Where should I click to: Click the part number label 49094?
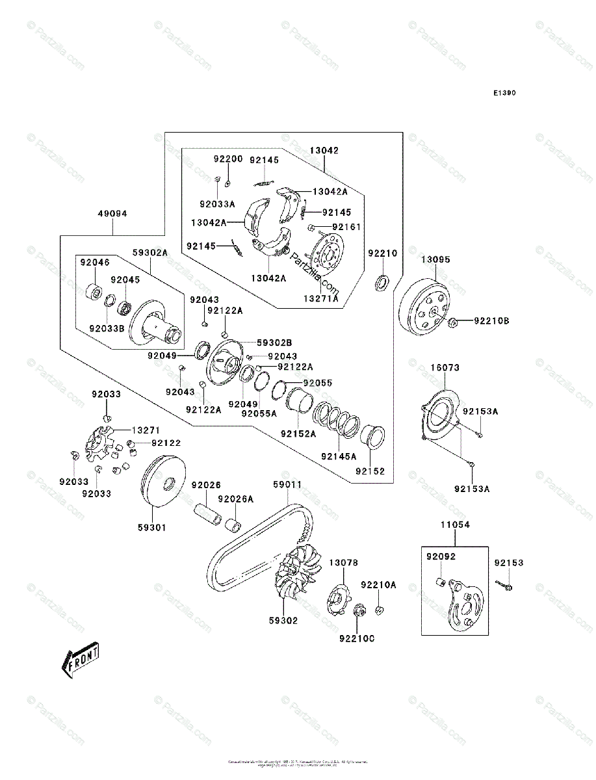112,213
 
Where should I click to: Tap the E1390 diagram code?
504,93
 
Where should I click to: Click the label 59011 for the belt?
287,485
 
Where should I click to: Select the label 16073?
445,368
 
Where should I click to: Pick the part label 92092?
441,557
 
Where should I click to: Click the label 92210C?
356,638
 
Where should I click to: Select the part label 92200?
229,159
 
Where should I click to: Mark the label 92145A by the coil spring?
339,456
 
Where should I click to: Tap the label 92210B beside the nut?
491,320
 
